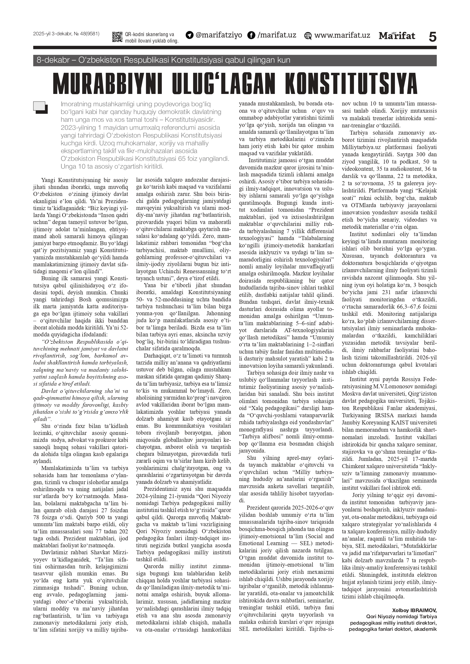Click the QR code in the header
(117, 37)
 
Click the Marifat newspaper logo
(397, 36)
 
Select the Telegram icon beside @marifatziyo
(189, 35)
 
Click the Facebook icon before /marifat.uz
(251, 36)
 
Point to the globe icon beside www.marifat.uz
(308, 36)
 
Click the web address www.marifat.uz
(342, 35)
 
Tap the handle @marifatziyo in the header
(219, 35)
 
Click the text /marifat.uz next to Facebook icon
(277, 35)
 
